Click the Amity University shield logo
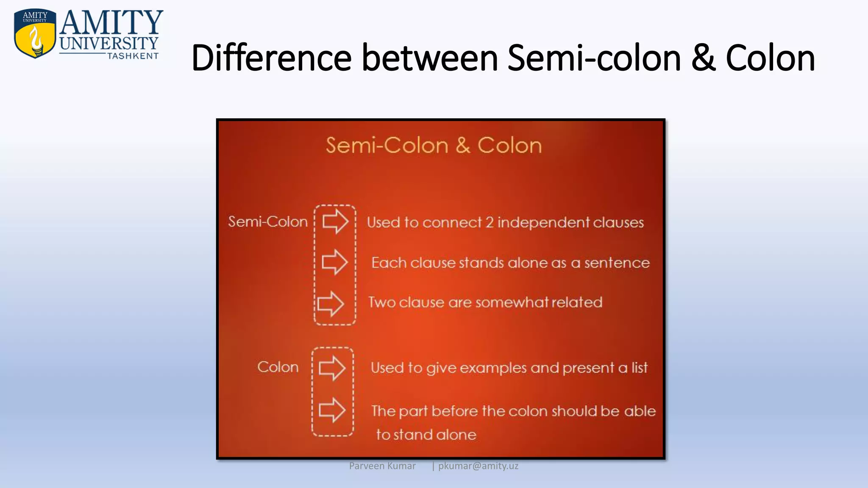pyautogui.click(x=35, y=33)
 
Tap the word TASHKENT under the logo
pyautogui.click(x=133, y=56)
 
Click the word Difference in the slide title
pyautogui.click(x=271, y=58)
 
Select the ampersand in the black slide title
pyautogui.click(x=703, y=58)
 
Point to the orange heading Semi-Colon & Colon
pyautogui.click(x=434, y=145)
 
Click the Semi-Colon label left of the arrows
pyautogui.click(x=268, y=222)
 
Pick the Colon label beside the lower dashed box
pyautogui.click(x=278, y=367)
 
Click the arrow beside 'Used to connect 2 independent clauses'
pyautogui.click(x=335, y=221)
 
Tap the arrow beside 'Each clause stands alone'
pyautogui.click(x=334, y=262)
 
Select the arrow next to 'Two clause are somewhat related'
pyautogui.click(x=331, y=303)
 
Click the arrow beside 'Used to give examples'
pyautogui.click(x=332, y=368)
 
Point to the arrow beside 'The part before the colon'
pyautogui.click(x=332, y=410)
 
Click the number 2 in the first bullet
pyautogui.click(x=490, y=222)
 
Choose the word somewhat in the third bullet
pyautogui.click(x=511, y=302)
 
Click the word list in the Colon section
pyautogui.click(x=640, y=367)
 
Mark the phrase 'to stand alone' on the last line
pyautogui.click(x=426, y=435)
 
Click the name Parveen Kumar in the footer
pyautogui.click(x=382, y=466)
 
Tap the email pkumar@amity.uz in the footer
pyautogui.click(x=478, y=466)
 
